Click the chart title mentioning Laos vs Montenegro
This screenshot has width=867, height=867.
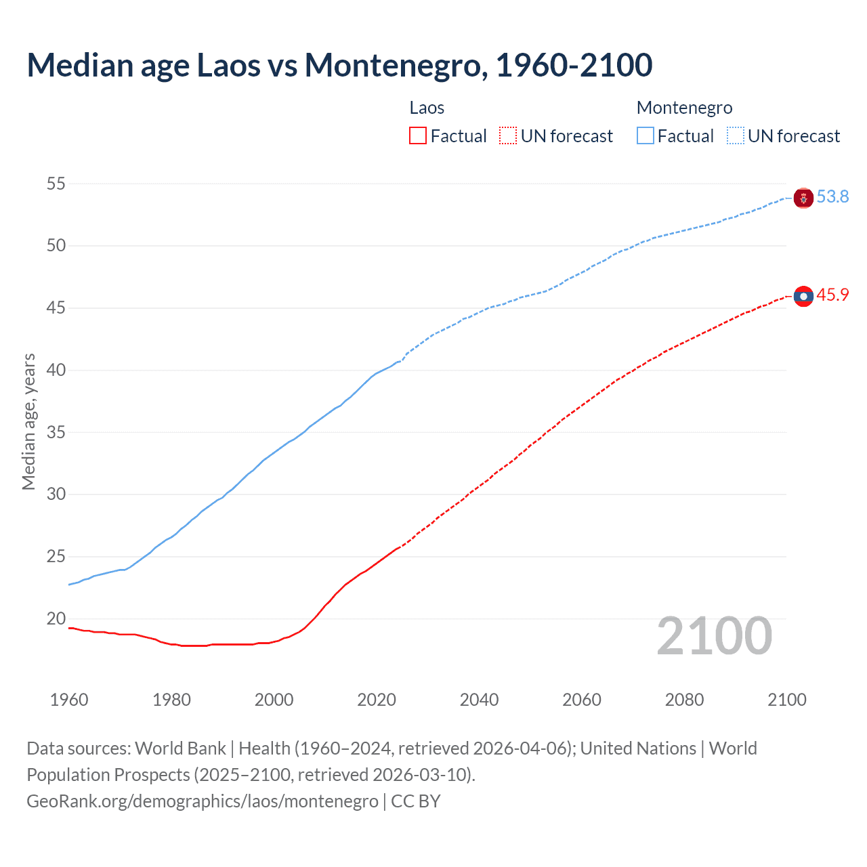[339, 65]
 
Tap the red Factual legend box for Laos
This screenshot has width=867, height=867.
[418, 136]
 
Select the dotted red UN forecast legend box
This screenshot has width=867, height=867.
[508, 136]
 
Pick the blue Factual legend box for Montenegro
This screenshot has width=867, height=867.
[646, 136]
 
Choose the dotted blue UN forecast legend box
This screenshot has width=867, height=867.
[736, 136]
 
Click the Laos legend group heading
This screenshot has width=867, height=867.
[427, 108]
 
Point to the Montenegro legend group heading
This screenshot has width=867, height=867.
[684, 108]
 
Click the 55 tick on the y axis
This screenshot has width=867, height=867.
[56, 184]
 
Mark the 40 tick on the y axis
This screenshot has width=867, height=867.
[56, 370]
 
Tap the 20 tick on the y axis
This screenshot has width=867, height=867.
[56, 618]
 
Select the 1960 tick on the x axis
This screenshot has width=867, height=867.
[69, 700]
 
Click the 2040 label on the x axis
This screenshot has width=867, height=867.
[479, 700]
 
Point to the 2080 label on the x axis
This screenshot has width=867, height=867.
[684, 700]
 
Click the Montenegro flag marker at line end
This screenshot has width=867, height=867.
[803, 198]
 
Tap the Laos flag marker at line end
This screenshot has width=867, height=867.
[803, 296]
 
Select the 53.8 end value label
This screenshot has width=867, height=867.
[832, 196]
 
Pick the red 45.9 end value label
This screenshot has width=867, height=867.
[832, 295]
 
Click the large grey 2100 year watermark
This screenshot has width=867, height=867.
[714, 635]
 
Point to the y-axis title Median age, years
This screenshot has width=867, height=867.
[28, 421]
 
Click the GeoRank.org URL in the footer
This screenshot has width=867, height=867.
[203, 801]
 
